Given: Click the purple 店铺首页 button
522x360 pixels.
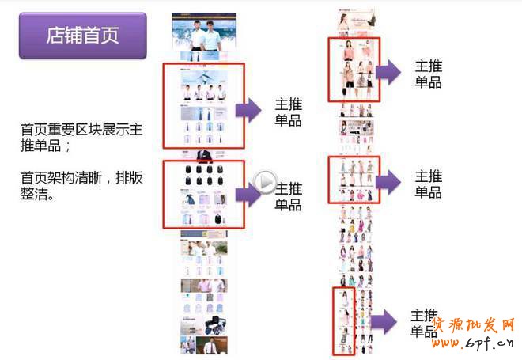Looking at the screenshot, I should coord(82,36).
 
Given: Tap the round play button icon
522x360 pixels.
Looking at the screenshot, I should coord(265,184).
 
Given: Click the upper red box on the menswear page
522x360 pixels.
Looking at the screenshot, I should coord(203,106).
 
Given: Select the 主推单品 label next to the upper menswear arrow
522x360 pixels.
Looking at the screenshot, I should coord(288,112).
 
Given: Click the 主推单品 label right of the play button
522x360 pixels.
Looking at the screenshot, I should coord(288,196).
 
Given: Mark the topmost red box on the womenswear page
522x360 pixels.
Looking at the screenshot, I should coord(354,70).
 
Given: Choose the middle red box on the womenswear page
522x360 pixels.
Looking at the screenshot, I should coord(354,180).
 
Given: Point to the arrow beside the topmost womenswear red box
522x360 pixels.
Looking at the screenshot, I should coord(389,74).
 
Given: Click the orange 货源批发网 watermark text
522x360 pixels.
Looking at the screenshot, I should coord(475,325).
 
